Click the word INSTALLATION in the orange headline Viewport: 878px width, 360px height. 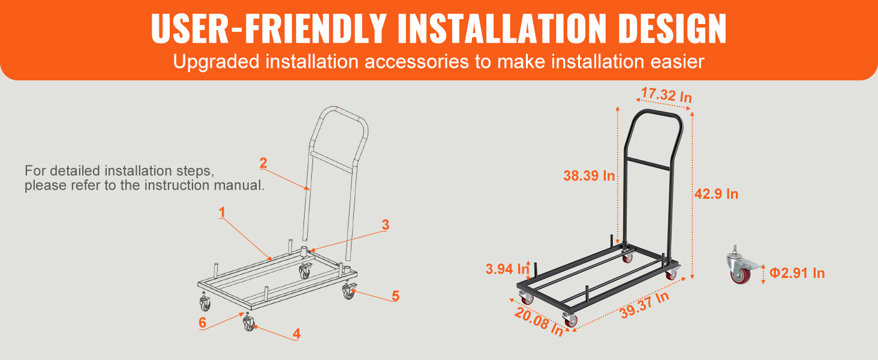point(503,28)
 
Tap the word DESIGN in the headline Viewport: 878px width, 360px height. point(673,28)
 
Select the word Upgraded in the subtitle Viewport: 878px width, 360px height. point(217,62)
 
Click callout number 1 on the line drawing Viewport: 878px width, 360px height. point(222,212)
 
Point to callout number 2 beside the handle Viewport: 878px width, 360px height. point(263,163)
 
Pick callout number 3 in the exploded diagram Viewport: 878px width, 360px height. point(386,225)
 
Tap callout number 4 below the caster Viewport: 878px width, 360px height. point(297,334)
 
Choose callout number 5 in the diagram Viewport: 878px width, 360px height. point(395,296)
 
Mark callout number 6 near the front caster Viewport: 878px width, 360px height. point(202,322)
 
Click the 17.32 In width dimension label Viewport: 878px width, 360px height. point(666,95)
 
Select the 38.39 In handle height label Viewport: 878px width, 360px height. point(589,176)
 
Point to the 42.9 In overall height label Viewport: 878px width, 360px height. point(716,194)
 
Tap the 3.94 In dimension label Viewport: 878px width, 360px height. point(507,269)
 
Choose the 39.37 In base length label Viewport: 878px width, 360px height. point(645,305)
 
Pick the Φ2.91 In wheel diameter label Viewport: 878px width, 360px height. point(797,273)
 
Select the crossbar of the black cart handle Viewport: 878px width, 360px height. point(649,164)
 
